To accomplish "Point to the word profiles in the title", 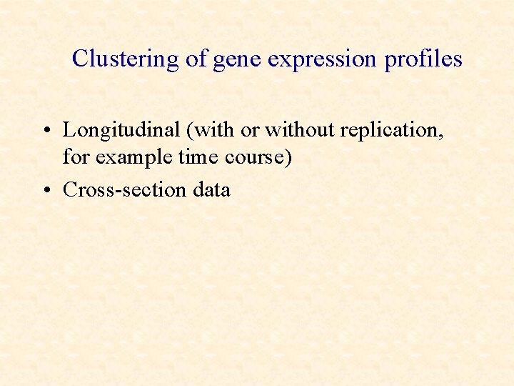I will click(423, 59).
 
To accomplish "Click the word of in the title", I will click(196, 59).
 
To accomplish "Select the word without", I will click(298, 130).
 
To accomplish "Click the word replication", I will click(391, 131).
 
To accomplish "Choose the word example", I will click(132, 157).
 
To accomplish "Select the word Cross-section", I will click(125, 189).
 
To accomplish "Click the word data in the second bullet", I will click(211, 189).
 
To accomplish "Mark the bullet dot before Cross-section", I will click(45, 190).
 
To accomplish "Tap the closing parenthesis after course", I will click(288, 157).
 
